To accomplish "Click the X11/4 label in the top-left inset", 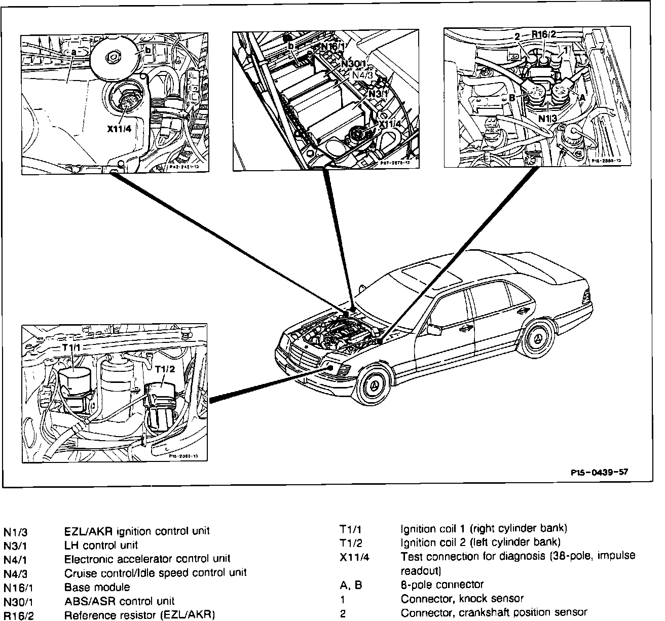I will (x=120, y=129).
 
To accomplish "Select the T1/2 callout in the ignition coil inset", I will (x=165, y=369).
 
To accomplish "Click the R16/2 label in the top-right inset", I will (x=543, y=34).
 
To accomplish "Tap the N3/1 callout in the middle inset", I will (x=378, y=94).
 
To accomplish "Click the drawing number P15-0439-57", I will (x=599, y=472).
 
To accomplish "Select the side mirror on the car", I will (x=435, y=329).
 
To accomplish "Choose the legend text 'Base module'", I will (x=97, y=588).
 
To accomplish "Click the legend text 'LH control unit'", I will (x=101, y=546).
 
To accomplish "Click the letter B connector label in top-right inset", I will (x=512, y=98).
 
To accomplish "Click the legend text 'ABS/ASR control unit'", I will (x=119, y=601).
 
